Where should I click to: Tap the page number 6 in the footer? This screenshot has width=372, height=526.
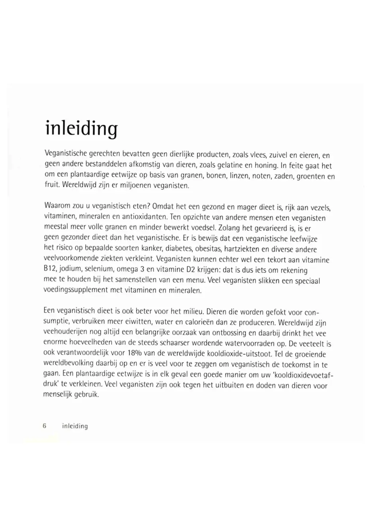point(45,426)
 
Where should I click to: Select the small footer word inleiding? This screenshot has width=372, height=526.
point(75,426)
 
